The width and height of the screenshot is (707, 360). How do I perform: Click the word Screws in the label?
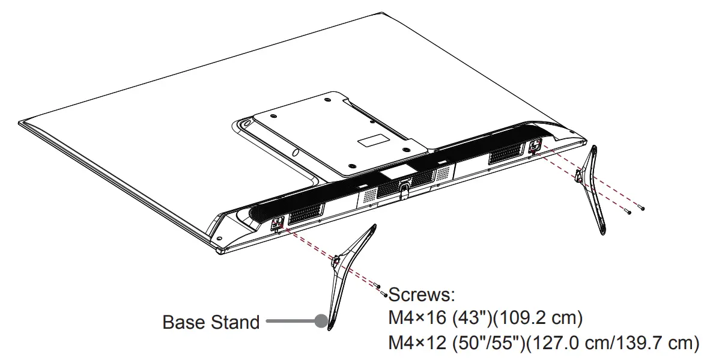(421, 295)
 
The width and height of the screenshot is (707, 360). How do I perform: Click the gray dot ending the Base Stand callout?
(321, 322)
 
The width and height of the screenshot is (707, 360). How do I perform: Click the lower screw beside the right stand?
(628, 212)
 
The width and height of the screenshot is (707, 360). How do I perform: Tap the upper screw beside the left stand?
(377, 285)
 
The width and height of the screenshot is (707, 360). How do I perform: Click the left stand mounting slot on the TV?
(277, 224)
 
